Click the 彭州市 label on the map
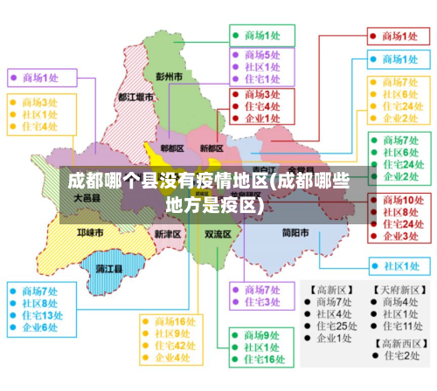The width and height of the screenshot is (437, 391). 169,77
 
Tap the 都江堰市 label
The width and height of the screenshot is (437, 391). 135,98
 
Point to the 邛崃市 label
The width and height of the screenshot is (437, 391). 89,233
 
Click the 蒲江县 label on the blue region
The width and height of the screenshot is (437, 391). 109,267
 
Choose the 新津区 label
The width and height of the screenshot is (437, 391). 167,234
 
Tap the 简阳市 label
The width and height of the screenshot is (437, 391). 295,233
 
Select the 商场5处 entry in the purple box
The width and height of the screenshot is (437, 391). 261,54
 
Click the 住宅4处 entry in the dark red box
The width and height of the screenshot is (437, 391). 261,106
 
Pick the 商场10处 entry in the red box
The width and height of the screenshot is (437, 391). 400,200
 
